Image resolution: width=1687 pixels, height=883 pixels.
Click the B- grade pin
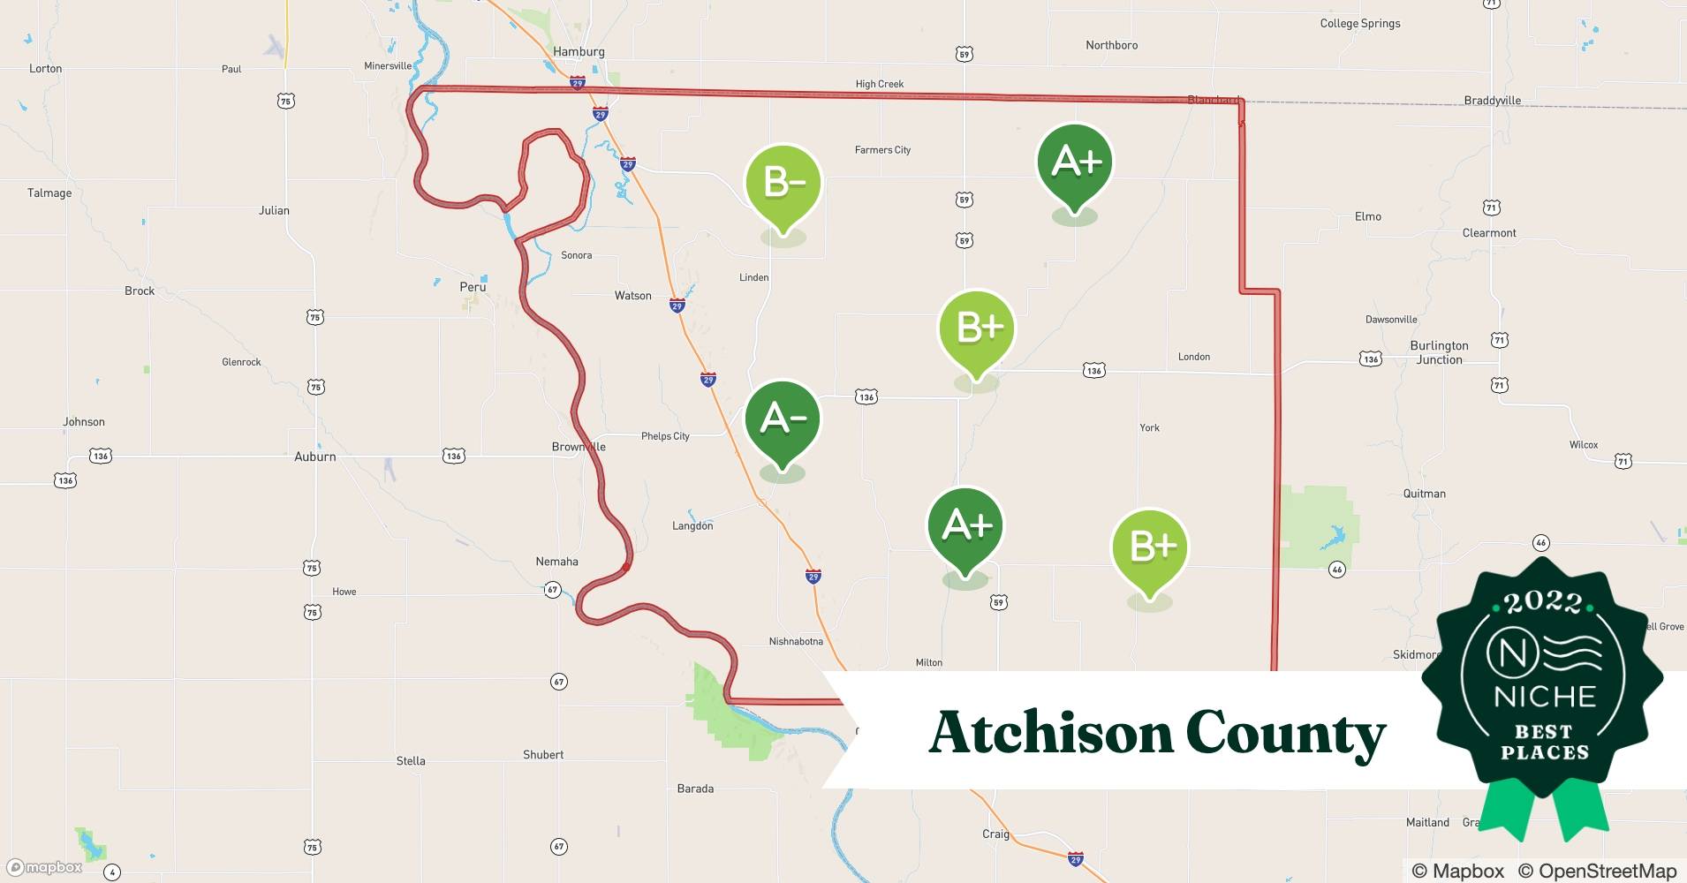click(783, 184)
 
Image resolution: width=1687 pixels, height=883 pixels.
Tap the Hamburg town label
click(579, 51)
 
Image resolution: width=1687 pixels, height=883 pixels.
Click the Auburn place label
click(314, 457)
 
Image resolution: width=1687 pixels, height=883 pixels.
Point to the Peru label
click(473, 287)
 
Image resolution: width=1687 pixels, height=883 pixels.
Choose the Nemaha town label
click(556, 562)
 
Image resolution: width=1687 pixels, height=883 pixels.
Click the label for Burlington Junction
click(1439, 352)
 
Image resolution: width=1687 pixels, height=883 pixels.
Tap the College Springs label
click(1359, 24)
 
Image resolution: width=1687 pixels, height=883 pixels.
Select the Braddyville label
click(1492, 101)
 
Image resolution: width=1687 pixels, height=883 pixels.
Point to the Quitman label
click(1424, 494)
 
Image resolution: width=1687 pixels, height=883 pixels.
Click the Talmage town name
click(49, 193)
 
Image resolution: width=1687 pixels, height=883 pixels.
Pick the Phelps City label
click(665, 436)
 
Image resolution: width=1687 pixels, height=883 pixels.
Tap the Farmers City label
click(882, 150)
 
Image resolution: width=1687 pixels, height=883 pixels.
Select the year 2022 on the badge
click(1543, 603)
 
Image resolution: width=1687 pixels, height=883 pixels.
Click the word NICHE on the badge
click(1544, 697)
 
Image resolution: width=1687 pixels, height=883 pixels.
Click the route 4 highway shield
click(111, 872)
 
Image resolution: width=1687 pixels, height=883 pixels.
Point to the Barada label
click(695, 789)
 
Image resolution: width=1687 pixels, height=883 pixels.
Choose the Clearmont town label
click(1489, 233)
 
